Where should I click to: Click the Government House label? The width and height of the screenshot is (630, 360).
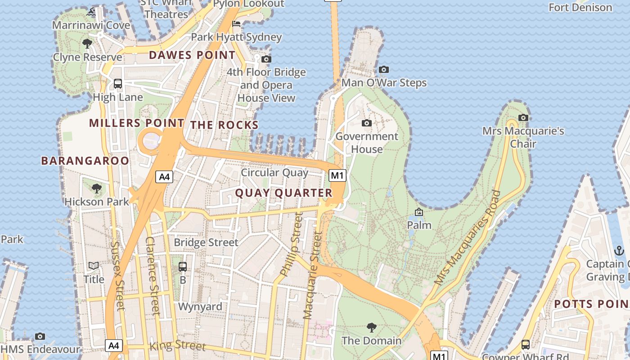point(367,143)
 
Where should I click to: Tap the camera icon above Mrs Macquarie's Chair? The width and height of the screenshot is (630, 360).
point(523,117)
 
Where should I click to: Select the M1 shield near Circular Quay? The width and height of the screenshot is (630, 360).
point(337,175)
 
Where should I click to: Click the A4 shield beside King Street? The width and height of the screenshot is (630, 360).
point(114,346)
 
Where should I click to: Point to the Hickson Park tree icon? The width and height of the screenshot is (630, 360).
point(96,188)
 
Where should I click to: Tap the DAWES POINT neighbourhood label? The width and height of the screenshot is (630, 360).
point(192,55)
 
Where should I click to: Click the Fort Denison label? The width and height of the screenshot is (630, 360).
point(580,8)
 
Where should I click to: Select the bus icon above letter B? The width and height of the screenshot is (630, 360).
point(183,266)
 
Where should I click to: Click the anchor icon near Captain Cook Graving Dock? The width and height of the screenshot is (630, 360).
point(619,251)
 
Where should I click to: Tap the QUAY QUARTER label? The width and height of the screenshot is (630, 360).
point(283,193)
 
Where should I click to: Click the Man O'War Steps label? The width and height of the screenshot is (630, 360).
point(384,83)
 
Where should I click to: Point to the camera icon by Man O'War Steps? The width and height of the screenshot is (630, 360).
point(383,69)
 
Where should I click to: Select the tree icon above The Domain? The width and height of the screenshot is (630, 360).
point(371,327)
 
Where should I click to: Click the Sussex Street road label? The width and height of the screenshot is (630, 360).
point(117,276)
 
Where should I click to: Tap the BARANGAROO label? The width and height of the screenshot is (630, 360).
point(85,161)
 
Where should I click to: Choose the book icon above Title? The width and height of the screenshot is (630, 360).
point(94,266)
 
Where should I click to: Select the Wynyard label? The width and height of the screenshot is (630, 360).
point(200,307)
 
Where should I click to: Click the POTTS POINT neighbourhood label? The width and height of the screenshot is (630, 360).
point(591,304)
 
